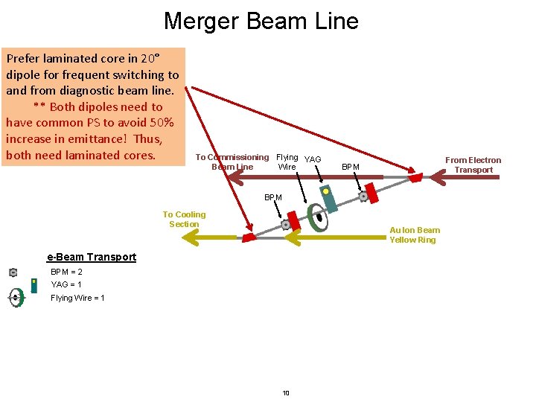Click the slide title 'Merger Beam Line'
(261, 21)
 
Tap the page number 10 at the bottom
(286, 393)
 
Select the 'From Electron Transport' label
(473, 165)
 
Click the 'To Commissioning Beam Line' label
(232, 162)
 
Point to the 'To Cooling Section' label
(184, 219)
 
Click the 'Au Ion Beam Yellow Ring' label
(415, 234)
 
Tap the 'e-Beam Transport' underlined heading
(92, 257)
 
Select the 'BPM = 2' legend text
(66, 272)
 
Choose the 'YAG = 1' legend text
(66, 284)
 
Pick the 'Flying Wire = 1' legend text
(77, 298)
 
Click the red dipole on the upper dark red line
(415, 177)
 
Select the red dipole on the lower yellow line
(247, 237)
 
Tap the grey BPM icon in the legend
(13, 272)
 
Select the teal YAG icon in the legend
(33, 285)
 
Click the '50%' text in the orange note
(160, 123)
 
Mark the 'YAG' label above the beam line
(313, 159)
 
